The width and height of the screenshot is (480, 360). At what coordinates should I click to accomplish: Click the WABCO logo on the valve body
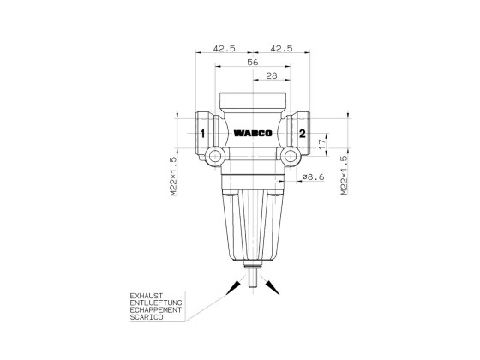point(251,134)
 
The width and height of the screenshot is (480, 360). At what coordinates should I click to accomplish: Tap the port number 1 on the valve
point(202,134)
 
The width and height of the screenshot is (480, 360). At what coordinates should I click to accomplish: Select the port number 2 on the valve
point(302,134)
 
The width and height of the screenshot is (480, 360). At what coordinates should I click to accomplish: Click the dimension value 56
point(253,63)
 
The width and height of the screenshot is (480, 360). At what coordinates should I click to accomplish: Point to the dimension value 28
point(271,77)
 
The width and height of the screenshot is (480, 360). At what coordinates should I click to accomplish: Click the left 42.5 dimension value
point(225,49)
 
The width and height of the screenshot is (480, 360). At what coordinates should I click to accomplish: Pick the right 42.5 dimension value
point(281,49)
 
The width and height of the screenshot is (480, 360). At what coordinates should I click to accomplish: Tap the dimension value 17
point(322,148)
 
